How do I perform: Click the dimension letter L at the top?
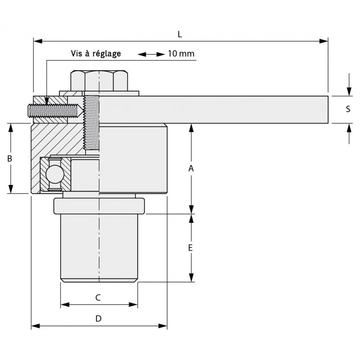tap(180, 34)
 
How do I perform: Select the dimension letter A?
tap(191, 168)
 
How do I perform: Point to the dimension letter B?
tap(10, 158)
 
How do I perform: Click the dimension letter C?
tap(99, 297)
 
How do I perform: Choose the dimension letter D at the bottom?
tap(99, 319)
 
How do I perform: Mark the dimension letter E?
tap(191, 248)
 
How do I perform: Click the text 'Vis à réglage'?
tap(96, 54)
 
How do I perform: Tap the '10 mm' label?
tap(181, 54)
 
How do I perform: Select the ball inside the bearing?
tap(54, 175)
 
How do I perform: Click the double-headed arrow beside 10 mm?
tap(151, 54)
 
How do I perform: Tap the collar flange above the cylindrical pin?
tap(99, 206)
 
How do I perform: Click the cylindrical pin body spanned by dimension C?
tap(99, 247)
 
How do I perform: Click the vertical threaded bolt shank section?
tap(91, 124)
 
